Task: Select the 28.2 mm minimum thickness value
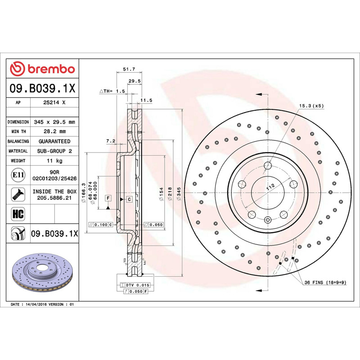(x=54, y=131)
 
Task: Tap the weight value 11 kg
(x=54, y=161)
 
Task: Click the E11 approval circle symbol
(x=18, y=175)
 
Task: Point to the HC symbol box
(x=18, y=214)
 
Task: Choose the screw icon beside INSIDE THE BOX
(x=18, y=194)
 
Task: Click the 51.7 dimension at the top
(x=129, y=69)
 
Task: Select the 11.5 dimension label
(x=146, y=100)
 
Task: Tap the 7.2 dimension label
(x=111, y=141)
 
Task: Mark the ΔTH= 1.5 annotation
(x=112, y=91)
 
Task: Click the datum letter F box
(x=108, y=198)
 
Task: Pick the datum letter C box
(x=129, y=199)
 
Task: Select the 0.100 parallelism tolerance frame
(x=100, y=225)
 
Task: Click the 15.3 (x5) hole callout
(x=311, y=106)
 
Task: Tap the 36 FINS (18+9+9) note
(x=325, y=283)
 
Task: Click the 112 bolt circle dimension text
(x=270, y=187)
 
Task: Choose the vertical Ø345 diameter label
(x=179, y=194)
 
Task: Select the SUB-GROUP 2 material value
(x=54, y=151)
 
